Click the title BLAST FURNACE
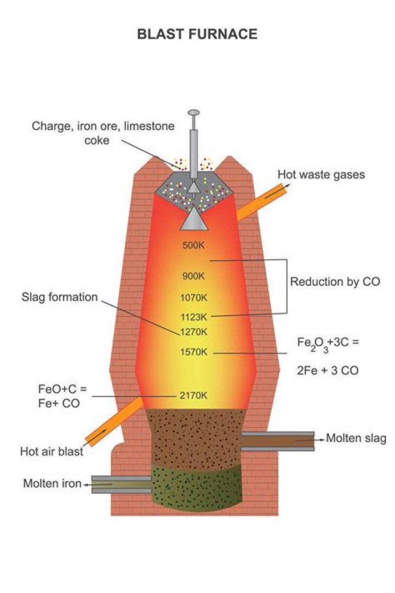click(x=197, y=34)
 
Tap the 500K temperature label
click(x=193, y=245)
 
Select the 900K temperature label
click(x=193, y=276)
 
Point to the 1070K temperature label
click(x=193, y=298)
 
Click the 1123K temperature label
click(x=193, y=317)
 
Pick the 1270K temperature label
click(x=193, y=332)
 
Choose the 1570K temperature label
click(x=193, y=352)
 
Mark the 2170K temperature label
click(x=193, y=395)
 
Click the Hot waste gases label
click(x=321, y=175)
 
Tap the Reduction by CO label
click(x=335, y=282)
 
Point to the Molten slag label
click(x=356, y=438)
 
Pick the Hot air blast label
click(x=52, y=452)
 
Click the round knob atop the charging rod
click(x=194, y=113)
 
